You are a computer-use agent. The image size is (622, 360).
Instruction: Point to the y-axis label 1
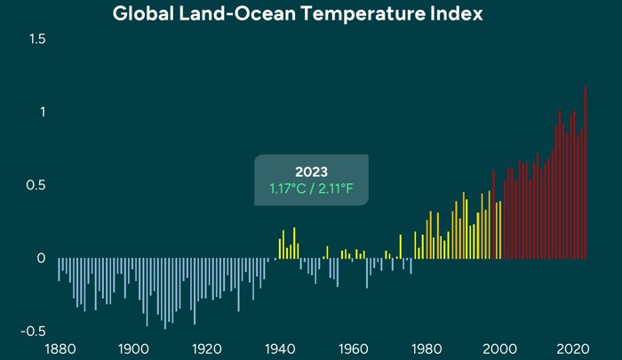coord(40,112)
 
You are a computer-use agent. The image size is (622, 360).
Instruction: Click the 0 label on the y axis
coord(40,258)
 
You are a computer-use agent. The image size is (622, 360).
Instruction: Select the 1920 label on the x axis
coord(206,348)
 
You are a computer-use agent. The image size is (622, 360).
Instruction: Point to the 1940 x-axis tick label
coord(280,348)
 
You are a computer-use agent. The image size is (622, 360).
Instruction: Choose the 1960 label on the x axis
coord(354,348)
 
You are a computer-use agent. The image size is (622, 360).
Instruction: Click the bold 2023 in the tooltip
coord(311,172)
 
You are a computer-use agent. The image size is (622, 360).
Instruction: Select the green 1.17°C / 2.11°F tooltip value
coord(311,188)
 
